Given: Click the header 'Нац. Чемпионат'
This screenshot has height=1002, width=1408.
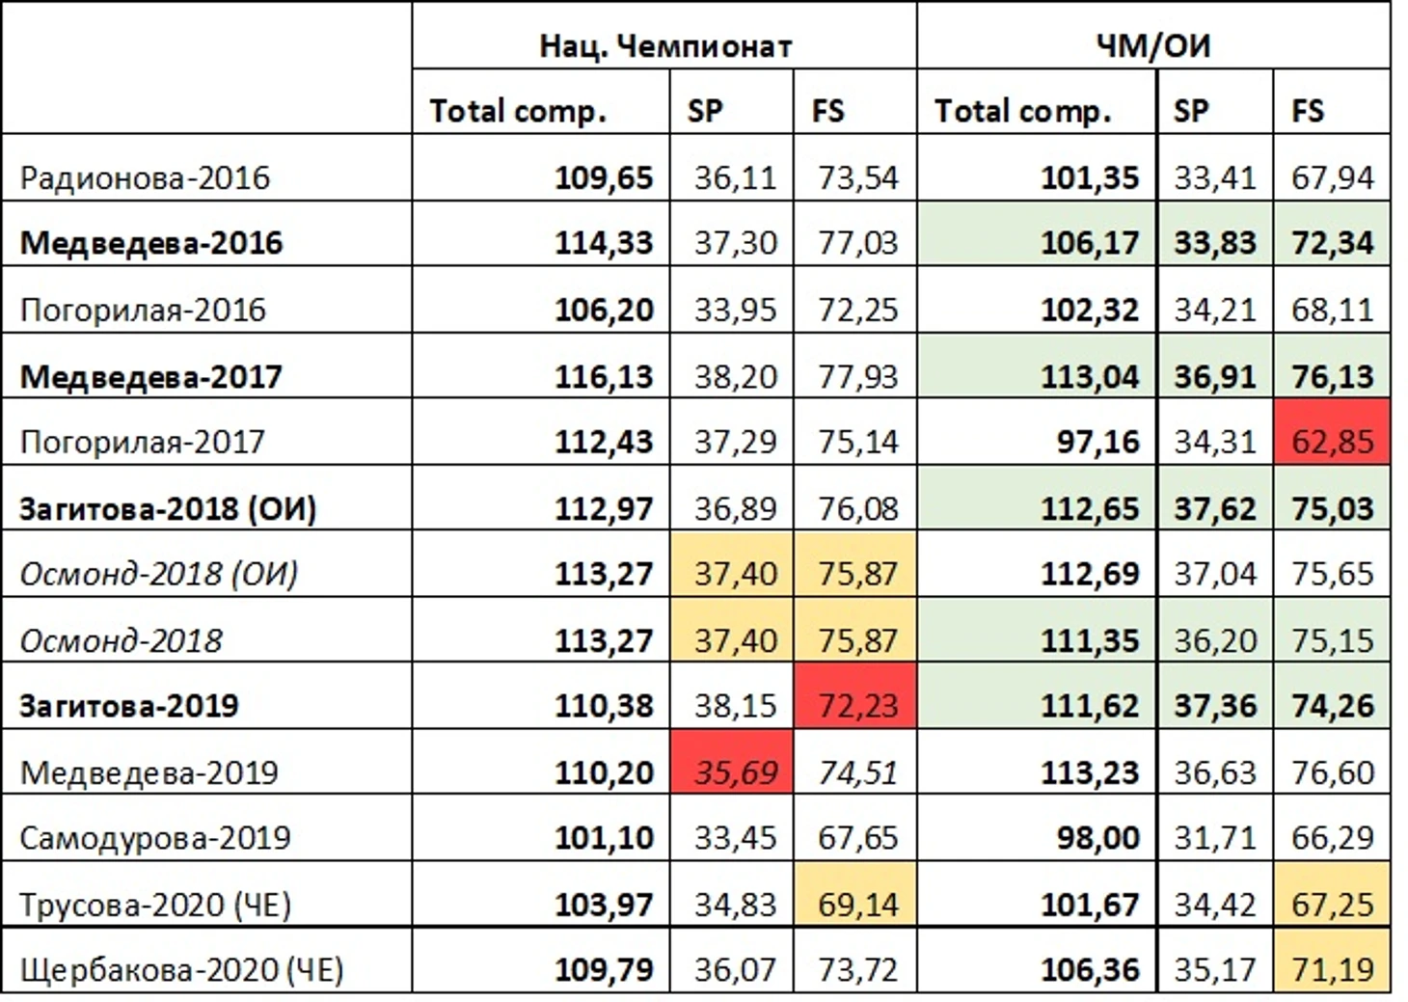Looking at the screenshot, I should tap(664, 45).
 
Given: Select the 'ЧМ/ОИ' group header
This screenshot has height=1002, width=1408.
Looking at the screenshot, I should tap(1152, 45).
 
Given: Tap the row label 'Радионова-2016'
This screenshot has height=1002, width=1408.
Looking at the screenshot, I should tap(146, 177).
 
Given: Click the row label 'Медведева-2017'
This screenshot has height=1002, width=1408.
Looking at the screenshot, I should tap(151, 376).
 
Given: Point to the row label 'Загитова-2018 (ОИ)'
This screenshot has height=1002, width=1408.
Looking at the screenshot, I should tap(169, 508).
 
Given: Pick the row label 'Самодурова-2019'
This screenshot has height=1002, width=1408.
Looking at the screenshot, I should tap(155, 837).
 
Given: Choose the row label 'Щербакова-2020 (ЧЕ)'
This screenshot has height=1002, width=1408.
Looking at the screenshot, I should tap(181, 969).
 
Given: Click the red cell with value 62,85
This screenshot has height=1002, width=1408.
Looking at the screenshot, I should tap(1332, 442).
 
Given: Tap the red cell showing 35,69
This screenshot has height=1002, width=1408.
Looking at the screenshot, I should tap(734, 772).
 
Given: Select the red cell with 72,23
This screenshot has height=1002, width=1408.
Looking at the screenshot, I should tap(856, 705).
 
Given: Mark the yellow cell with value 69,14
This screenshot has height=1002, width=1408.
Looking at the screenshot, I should tap(856, 904).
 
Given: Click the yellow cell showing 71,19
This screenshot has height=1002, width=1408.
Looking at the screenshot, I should tap(1332, 969).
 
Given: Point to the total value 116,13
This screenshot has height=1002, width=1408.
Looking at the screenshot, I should tap(604, 376).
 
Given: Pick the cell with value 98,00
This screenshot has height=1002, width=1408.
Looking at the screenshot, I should tap(1097, 837).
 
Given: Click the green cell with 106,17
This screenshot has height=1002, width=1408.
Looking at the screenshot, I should tap(1090, 243).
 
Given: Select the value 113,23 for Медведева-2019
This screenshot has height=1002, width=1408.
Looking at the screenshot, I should tap(1090, 772).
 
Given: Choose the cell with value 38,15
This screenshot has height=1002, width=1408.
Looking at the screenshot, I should tap(734, 705).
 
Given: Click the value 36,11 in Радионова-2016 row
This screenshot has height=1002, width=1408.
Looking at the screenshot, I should tap(734, 177).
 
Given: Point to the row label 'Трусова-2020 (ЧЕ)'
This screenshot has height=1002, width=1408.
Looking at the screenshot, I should tap(155, 904).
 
